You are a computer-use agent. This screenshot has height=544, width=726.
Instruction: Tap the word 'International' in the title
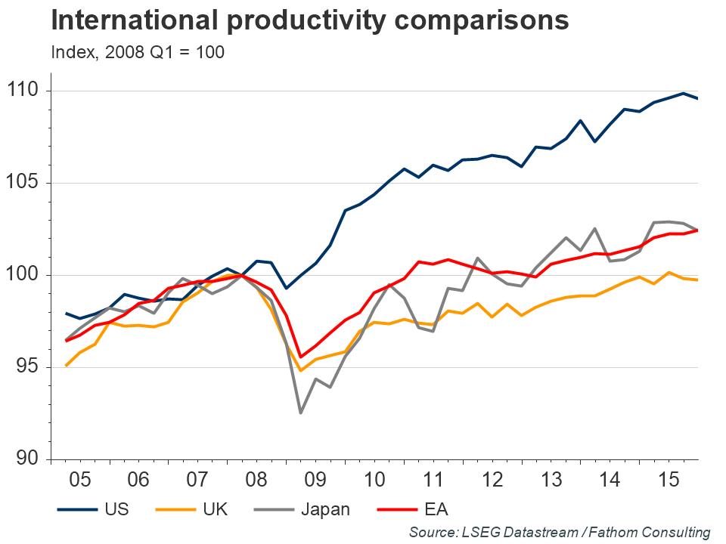click(x=124, y=21)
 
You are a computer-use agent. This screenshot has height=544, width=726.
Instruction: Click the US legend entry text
click(x=119, y=508)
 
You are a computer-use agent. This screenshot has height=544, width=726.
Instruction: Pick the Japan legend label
click(x=325, y=508)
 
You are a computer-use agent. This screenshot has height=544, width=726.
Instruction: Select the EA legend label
click(x=436, y=508)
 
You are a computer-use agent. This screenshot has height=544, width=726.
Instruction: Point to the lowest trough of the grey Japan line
click(x=300, y=413)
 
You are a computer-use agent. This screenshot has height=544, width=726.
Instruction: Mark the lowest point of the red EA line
click(x=300, y=357)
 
